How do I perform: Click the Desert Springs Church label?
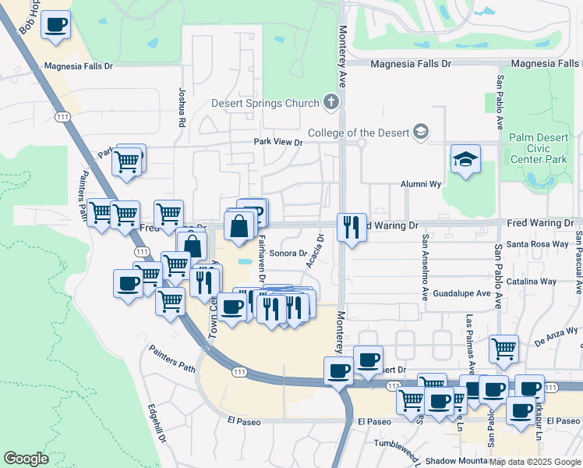click(265, 103)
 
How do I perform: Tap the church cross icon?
click(331, 102)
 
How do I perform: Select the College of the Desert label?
click(359, 132)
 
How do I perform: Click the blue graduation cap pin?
click(465, 159)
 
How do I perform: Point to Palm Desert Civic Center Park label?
click(542, 148)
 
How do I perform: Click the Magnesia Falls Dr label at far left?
click(79, 66)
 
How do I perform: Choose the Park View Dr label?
click(278, 142)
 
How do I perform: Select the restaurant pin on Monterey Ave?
click(352, 227)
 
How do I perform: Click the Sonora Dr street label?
click(288, 253)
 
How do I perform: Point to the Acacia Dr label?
click(314, 252)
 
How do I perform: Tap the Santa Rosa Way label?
click(538, 244)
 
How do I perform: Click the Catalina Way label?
click(532, 282)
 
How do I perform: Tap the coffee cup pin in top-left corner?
click(55, 25)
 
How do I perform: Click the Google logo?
click(26, 459)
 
